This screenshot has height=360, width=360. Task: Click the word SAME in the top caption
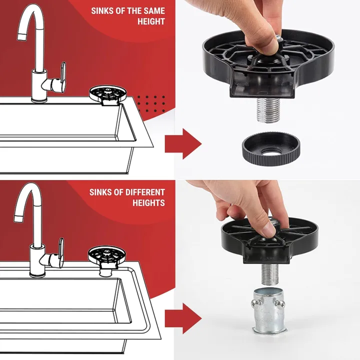pos(153,11)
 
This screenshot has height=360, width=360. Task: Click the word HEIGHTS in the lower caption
pos(148,203)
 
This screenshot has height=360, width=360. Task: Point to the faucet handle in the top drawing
pos(61,77)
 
